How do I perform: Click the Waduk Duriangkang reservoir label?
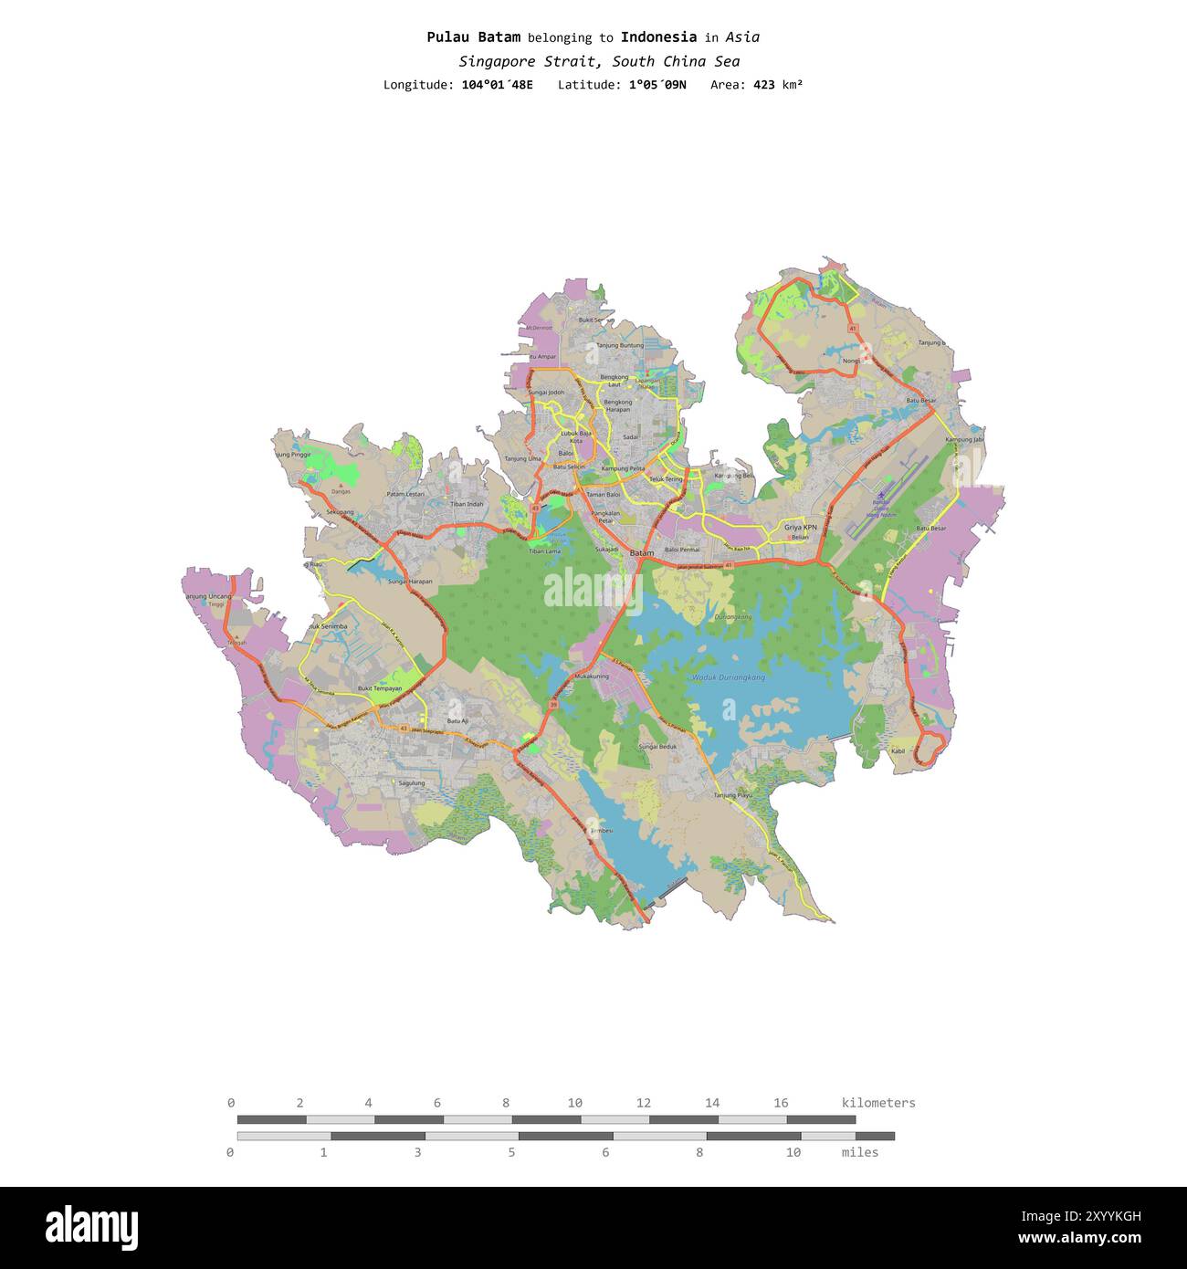click(x=728, y=677)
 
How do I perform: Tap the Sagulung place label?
click(x=412, y=782)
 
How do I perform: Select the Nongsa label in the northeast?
click(x=851, y=360)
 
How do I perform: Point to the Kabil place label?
click(x=898, y=750)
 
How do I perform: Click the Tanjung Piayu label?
click(x=732, y=795)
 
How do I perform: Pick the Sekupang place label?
click(x=339, y=512)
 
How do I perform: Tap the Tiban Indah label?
click(x=467, y=503)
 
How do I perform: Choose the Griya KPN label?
click(x=800, y=527)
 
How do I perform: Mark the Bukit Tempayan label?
click(x=379, y=688)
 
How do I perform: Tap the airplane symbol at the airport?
click(x=880, y=495)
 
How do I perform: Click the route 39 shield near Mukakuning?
click(x=554, y=705)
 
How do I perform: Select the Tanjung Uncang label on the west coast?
click(x=208, y=596)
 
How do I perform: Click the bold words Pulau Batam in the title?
click(x=473, y=37)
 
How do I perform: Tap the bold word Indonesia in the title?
click(x=658, y=37)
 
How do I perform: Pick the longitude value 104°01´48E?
click(x=497, y=85)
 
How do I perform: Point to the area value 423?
click(x=763, y=85)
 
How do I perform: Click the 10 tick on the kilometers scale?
click(x=574, y=1103)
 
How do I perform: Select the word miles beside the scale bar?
click(x=859, y=1152)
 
